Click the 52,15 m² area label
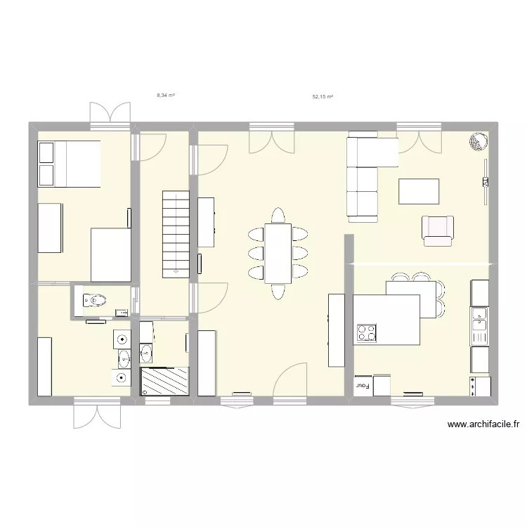(x=323, y=98)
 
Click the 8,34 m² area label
(x=166, y=94)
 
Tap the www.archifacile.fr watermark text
(x=482, y=424)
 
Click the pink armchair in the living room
(x=438, y=230)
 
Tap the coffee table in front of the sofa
(x=419, y=191)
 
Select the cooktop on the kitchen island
(x=367, y=333)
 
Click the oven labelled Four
(x=363, y=385)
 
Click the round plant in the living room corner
(x=478, y=142)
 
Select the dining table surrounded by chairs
(x=278, y=252)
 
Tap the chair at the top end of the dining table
(x=278, y=214)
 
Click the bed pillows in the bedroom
(x=46, y=164)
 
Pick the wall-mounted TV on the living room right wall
(x=485, y=182)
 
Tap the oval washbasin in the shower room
(x=147, y=351)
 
